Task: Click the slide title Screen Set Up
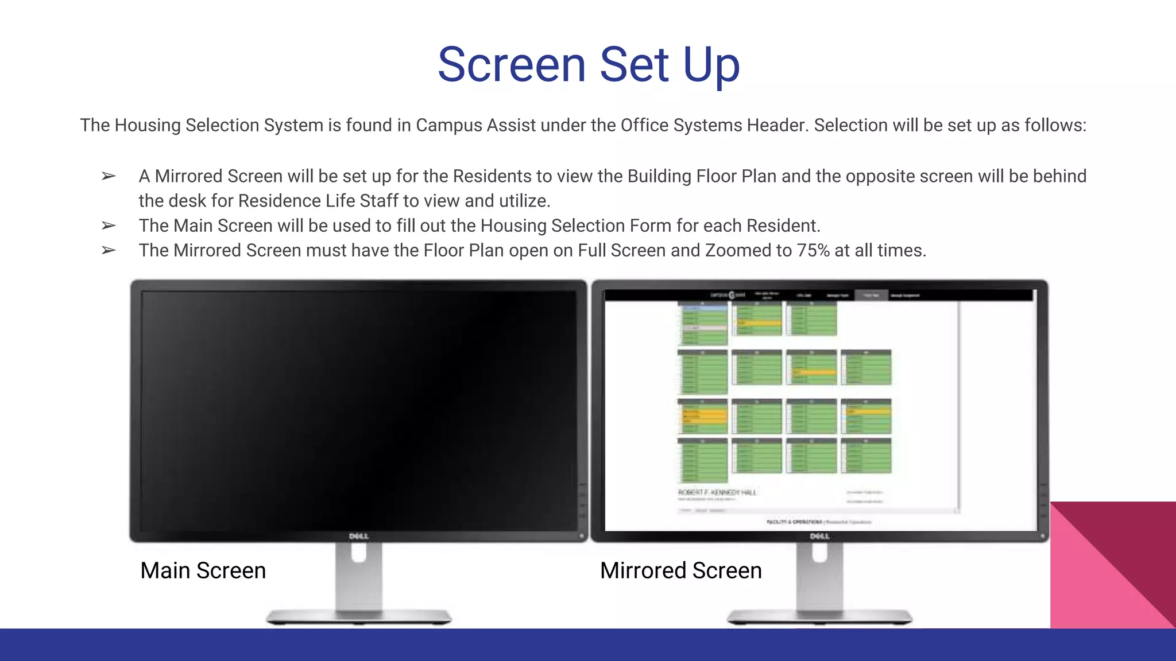[589, 64]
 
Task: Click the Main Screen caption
[203, 570]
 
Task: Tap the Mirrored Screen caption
[680, 570]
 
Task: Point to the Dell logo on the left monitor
[359, 536]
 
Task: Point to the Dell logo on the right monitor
[819, 536]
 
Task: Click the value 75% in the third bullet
[813, 251]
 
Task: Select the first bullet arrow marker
[109, 176]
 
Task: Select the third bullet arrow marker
[109, 251]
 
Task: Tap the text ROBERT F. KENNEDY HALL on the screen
[717, 492]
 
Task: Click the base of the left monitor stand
[359, 617]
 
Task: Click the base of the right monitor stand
[819, 617]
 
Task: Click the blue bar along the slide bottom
[588, 645]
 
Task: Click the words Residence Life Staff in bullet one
[318, 201]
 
